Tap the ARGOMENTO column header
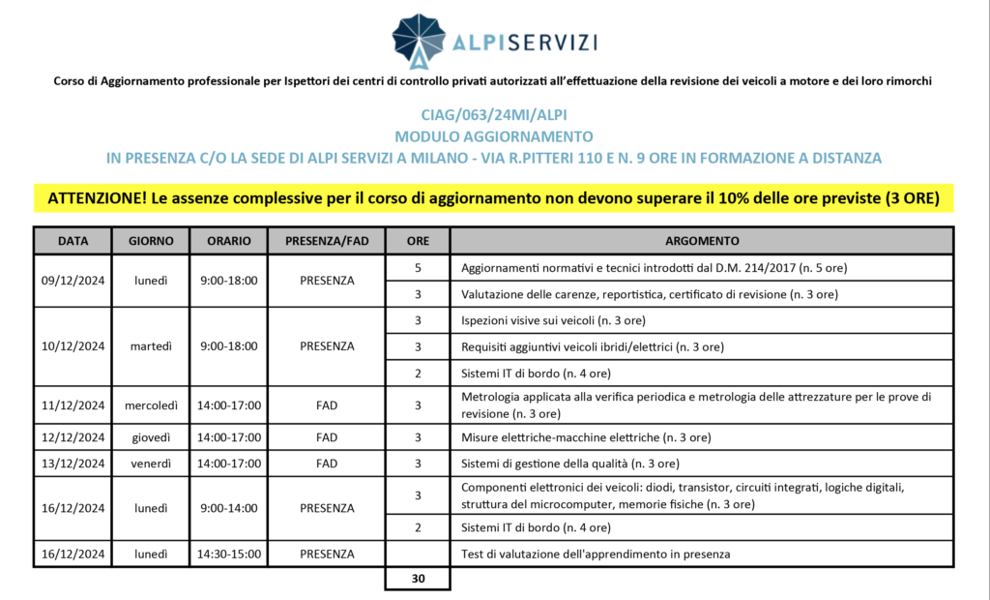point(702,240)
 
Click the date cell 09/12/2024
point(73,281)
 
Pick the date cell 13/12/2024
point(73,464)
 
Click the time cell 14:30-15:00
point(228,554)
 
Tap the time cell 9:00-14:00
point(228,508)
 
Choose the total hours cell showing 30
point(417,579)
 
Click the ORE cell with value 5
point(417,267)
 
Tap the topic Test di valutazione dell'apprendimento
point(595,554)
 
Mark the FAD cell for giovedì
point(326,437)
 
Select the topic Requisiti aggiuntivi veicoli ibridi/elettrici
point(593,346)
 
